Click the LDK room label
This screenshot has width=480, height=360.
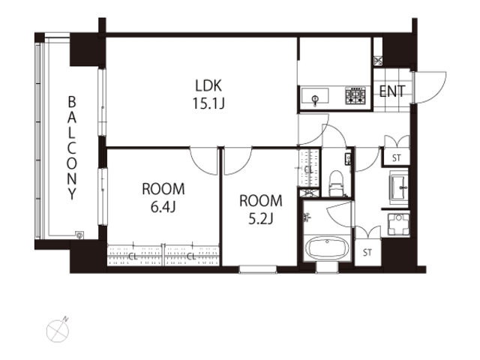(x=208, y=85)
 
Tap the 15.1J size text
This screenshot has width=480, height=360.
(x=208, y=103)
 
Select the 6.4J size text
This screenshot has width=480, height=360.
(x=163, y=207)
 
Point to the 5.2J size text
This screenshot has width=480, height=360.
(x=260, y=218)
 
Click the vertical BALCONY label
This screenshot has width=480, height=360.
(x=72, y=148)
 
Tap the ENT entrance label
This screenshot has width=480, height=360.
(x=392, y=91)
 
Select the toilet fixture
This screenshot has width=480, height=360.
(x=337, y=183)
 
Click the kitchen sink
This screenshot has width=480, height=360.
(x=315, y=96)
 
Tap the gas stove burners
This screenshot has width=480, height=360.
(x=355, y=95)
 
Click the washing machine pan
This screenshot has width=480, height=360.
(x=398, y=224)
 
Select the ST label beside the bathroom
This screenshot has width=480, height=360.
(x=367, y=253)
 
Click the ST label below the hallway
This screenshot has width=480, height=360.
(x=397, y=158)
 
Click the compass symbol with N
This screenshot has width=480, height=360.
(x=58, y=330)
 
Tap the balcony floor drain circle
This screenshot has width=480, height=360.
(x=80, y=235)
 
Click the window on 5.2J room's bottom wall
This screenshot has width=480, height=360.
(x=258, y=269)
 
